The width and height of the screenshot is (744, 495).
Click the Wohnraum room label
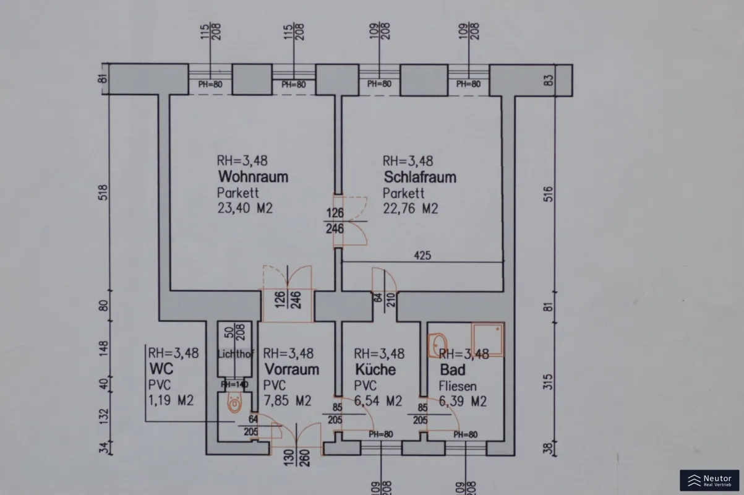[x=252, y=177]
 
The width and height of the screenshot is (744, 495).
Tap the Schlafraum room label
[x=419, y=177]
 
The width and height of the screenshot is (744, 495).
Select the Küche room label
[x=375, y=370]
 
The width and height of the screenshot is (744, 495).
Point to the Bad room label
[x=452, y=370]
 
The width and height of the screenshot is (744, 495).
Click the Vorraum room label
[x=291, y=370]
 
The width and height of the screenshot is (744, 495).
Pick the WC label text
[x=161, y=369]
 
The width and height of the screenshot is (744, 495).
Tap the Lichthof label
[x=235, y=354]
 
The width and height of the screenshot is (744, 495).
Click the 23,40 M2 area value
[x=245, y=209]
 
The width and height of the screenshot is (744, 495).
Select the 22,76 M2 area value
[x=410, y=209]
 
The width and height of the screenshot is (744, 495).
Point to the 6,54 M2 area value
[x=378, y=401]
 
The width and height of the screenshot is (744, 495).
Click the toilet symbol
[x=234, y=403]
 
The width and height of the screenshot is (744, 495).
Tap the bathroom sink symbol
[x=438, y=343]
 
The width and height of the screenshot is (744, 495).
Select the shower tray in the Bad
[x=487, y=339]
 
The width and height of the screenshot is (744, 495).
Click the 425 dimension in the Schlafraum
[x=423, y=255]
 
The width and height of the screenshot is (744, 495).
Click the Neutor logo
[x=709, y=481]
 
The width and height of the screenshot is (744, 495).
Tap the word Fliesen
[x=458, y=386]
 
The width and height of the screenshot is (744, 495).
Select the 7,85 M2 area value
[x=287, y=401]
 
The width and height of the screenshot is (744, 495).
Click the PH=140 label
[x=234, y=384]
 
